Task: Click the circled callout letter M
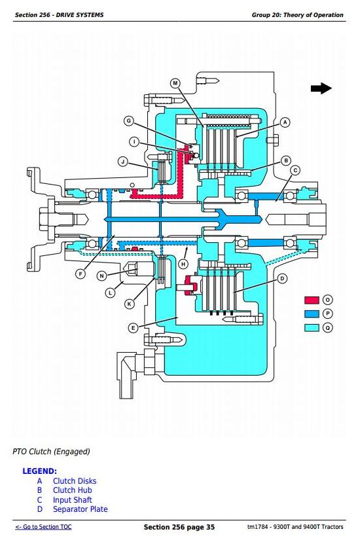[175, 83]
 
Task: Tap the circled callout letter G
[129, 121]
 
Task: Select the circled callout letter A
[285, 122]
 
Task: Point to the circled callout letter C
[295, 170]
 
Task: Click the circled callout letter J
[123, 162]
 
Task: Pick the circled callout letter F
[81, 274]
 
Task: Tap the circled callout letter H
[183, 264]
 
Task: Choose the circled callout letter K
[130, 304]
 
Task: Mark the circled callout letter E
[134, 328]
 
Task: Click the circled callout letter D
[282, 279]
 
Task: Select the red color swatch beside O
[312, 300]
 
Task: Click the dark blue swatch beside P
[312, 314]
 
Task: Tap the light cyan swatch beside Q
[312, 327]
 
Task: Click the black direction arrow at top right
[321, 88]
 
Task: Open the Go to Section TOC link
[43, 527]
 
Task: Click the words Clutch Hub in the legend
[73, 490]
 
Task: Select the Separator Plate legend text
[81, 509]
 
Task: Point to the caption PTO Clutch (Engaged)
[51, 452]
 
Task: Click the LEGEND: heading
[40, 471]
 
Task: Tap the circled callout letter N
[101, 276]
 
